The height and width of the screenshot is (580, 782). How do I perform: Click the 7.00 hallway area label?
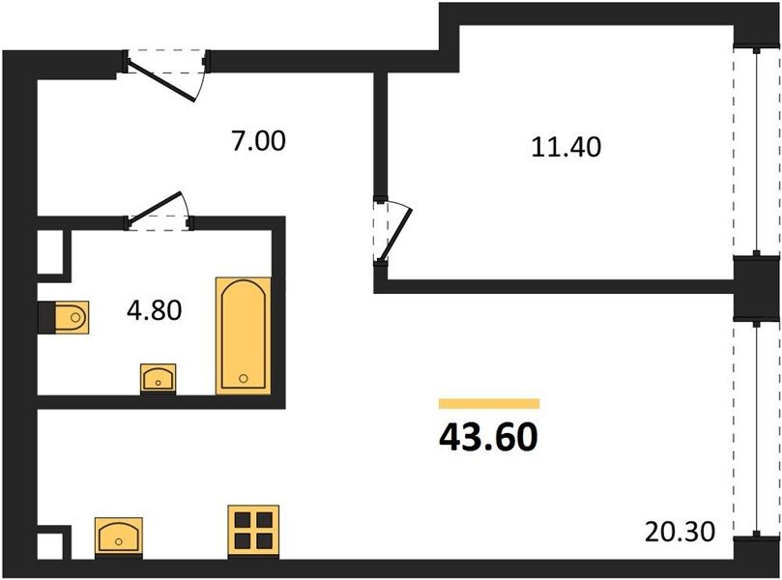pos(258,140)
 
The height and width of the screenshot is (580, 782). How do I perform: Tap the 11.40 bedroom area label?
pos(566,147)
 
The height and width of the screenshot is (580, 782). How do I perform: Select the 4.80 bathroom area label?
pos(154,310)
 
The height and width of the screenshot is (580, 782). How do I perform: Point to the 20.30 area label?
pos(680,532)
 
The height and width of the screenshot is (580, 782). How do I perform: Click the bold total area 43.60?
pos(489,437)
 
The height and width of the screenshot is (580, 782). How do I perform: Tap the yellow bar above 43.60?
pos(489,403)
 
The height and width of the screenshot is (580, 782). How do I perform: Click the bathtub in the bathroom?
pos(244,335)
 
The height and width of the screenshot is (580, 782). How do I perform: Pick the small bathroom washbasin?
pos(159,379)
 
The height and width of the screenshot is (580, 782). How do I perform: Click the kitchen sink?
pos(119,537)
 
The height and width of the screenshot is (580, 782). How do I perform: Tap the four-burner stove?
pos(253,532)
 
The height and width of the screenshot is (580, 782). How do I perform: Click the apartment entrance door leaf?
pos(161,80)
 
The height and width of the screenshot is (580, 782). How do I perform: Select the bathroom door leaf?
pos(155,207)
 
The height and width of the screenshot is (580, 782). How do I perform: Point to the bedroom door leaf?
pos(397,234)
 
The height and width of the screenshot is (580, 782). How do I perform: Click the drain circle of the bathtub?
pos(244,379)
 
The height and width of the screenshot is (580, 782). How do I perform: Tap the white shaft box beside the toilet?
pos(50,252)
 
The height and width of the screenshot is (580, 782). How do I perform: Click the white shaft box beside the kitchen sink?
pos(50,546)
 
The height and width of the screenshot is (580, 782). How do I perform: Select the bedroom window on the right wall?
pos(757,151)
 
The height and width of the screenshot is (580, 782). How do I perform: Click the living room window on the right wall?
pos(757,429)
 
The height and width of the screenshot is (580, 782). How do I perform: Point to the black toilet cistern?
pos(46,317)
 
